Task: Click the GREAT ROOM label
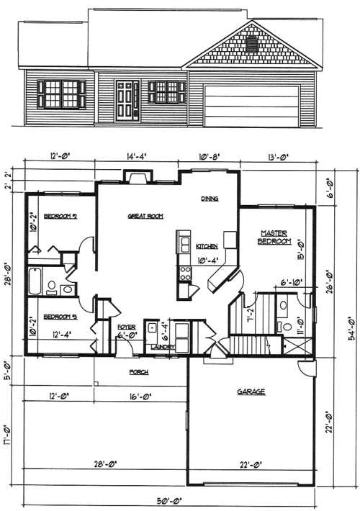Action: coord(143,215)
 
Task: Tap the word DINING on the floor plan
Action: coord(210,199)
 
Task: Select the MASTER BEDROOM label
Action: coord(274,238)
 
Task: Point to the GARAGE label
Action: coord(251,392)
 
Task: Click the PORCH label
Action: coord(138,372)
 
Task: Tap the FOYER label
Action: coord(127,327)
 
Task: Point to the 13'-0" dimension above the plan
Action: coord(276,155)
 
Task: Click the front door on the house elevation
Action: coord(127,100)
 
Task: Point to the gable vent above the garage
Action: coord(251,45)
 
